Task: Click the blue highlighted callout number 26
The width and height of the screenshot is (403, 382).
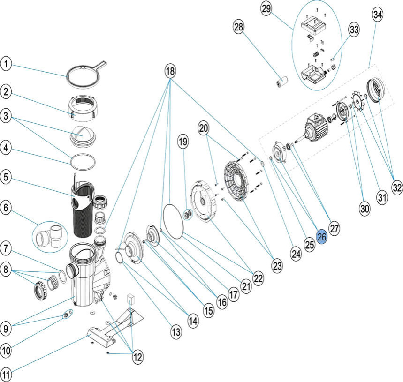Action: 322,237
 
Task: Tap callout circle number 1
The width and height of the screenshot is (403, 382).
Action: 6,64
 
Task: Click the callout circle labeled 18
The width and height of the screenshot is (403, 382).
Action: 170,71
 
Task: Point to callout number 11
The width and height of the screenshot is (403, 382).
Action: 6,375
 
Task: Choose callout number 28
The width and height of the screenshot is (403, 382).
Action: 239,27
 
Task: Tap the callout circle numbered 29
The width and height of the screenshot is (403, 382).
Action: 267,9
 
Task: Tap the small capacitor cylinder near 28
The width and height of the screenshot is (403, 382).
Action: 281,82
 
